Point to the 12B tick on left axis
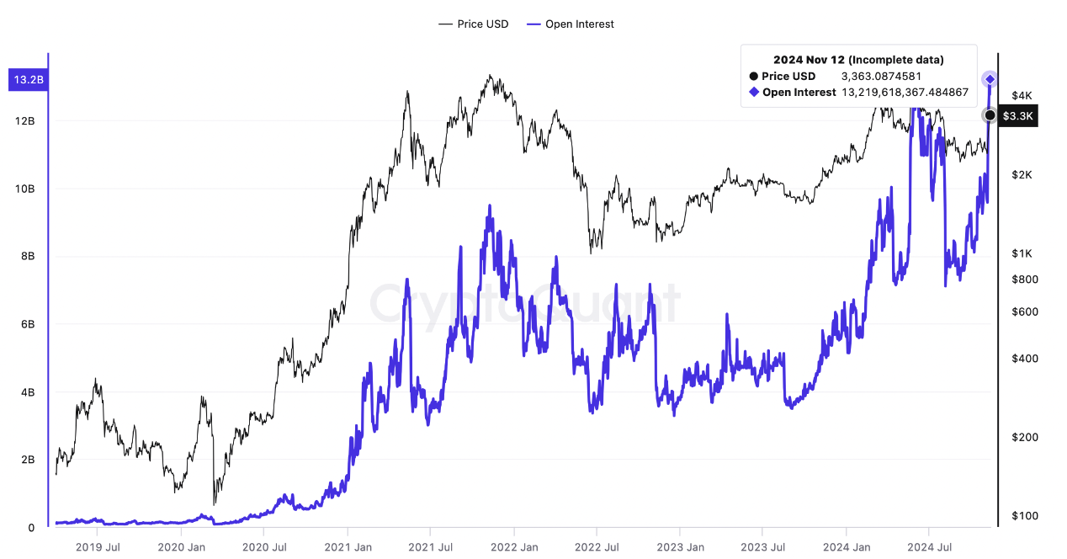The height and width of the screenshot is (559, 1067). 25,121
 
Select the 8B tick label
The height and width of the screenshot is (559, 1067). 25,257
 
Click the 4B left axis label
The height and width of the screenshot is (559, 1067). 25,392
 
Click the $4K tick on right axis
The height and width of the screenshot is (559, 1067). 1022,96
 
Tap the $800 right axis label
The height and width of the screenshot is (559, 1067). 1023,279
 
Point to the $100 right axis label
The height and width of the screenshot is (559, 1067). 1023,515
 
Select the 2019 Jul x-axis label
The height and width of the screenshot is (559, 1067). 98,546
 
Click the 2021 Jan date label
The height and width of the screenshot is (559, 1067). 348,546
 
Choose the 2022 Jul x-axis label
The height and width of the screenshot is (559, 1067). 597,546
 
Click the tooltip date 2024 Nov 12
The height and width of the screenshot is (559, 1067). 809,60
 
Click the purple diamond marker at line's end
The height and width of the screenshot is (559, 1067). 990,79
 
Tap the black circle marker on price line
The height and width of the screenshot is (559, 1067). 990,115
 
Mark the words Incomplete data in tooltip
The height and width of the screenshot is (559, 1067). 896,60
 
